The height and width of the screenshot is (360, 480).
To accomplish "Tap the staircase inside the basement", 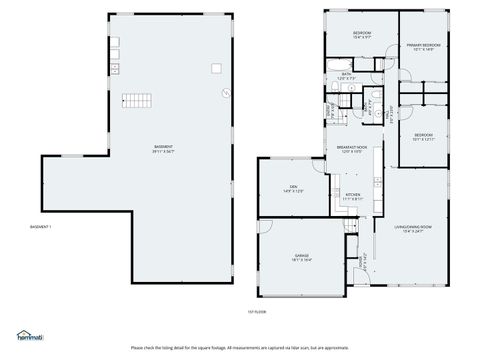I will pyautogui.click(x=136, y=100).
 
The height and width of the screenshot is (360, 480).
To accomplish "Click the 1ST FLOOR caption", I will pyautogui.click(x=258, y=313).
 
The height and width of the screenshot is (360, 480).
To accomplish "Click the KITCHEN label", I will pyautogui.click(x=352, y=194).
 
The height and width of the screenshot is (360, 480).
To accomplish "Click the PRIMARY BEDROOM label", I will pyautogui.click(x=424, y=46).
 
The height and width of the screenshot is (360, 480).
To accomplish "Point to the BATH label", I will pyautogui.click(x=346, y=73).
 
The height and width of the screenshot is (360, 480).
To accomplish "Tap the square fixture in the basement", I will pyautogui.click(x=215, y=68).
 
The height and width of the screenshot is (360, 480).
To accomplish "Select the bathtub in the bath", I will pyautogui.click(x=346, y=88).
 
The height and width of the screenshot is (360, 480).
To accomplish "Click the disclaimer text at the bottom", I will pyautogui.click(x=240, y=347).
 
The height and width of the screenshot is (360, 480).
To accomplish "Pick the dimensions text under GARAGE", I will pyautogui.click(x=301, y=259).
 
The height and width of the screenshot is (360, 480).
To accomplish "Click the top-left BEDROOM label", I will pyautogui.click(x=361, y=34).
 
